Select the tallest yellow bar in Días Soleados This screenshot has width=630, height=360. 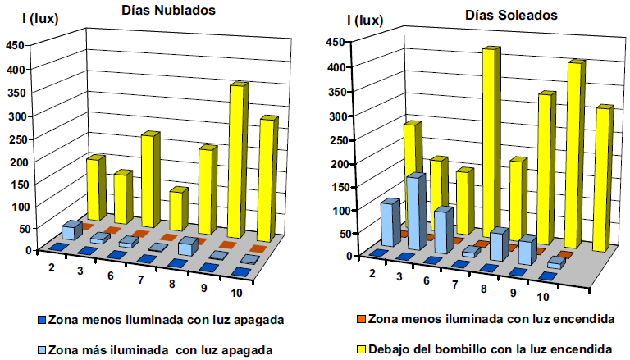click(x=491, y=139)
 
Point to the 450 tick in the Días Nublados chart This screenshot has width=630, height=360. click(x=15, y=46)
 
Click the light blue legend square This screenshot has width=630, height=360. click(x=41, y=349)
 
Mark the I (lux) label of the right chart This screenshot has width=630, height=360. click(x=367, y=20)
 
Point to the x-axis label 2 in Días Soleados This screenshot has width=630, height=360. click(x=372, y=271)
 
